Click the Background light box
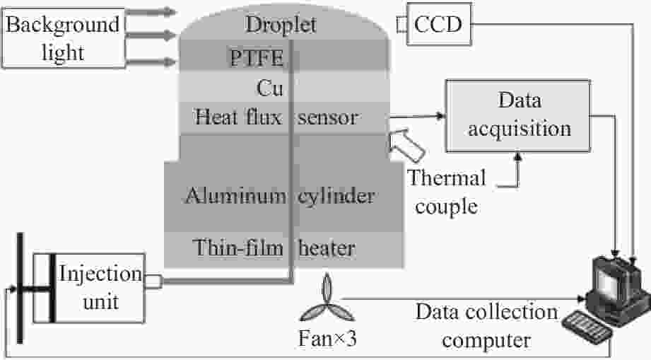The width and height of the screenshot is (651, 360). point(64,37)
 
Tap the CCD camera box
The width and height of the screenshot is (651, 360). point(439,24)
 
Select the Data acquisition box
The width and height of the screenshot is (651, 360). point(518,115)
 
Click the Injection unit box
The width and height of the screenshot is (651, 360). point(89,288)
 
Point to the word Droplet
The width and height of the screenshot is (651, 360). point(281,25)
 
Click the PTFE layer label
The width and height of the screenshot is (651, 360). point(257,57)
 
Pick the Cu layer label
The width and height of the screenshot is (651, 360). point(270,88)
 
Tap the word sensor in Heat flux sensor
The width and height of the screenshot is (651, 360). point(327,118)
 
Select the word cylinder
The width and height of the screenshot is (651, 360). point(336,197)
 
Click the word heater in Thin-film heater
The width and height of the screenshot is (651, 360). point(327,249)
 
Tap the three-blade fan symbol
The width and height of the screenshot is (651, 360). point(327,300)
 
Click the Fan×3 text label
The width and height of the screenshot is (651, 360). point(327,339)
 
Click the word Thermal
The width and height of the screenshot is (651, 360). point(446,178)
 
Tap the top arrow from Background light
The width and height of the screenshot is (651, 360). point(151,11)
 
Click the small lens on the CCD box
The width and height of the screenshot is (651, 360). point(401,24)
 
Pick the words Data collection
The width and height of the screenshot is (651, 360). point(486,312)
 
